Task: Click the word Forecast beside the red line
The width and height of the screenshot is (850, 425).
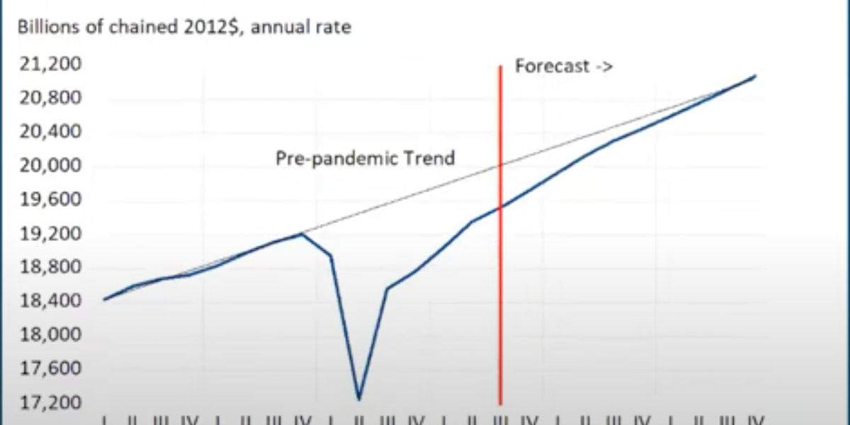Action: [x=552, y=67]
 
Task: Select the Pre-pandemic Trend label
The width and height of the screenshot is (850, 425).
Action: [x=365, y=158]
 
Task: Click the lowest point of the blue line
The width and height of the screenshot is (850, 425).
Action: [x=359, y=399]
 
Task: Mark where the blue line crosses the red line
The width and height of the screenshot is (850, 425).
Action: [x=500, y=208]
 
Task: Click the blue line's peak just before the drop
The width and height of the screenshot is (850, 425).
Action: [x=302, y=234]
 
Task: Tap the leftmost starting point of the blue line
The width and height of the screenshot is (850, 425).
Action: [x=105, y=300]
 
